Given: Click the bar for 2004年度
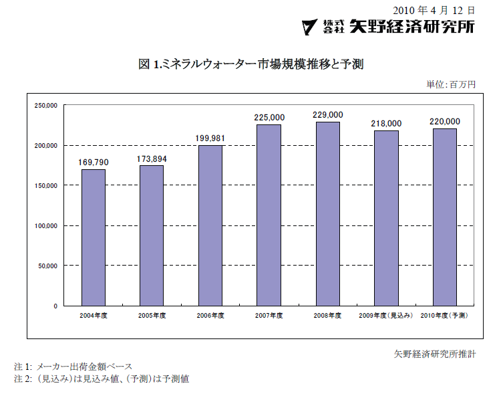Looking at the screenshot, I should click(94, 237).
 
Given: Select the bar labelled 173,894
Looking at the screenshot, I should click(152, 235).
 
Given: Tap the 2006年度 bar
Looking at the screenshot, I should click(210, 225).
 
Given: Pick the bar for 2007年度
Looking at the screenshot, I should click(269, 215).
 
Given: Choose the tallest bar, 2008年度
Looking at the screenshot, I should click(327, 214).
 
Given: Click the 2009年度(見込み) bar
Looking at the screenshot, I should click(386, 218).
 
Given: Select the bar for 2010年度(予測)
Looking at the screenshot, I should click(444, 217).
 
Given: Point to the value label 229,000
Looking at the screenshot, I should click(327, 115).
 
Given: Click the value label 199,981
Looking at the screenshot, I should click(210, 138).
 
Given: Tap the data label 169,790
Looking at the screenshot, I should click(94, 162).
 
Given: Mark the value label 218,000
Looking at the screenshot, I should click(386, 124).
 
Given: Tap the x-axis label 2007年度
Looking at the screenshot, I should click(269, 314).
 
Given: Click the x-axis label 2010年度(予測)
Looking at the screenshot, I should click(444, 314).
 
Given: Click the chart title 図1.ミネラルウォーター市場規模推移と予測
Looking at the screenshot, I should click(251, 64).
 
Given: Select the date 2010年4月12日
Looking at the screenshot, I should click(434, 10).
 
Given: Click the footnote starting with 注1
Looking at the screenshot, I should click(73, 367).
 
